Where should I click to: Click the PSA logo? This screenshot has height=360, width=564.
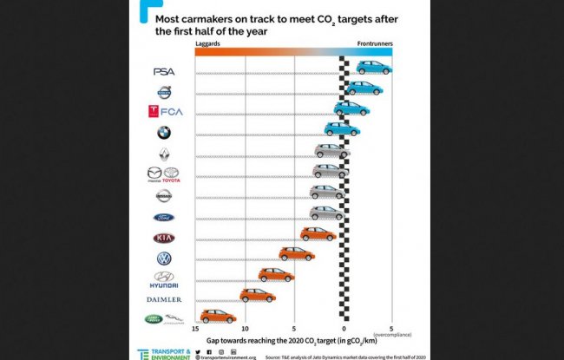(163, 72)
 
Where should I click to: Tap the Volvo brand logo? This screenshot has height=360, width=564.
(163, 92)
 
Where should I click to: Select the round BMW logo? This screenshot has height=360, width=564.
(163, 133)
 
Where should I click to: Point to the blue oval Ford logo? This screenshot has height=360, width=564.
(163, 218)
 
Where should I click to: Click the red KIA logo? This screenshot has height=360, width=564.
(163, 238)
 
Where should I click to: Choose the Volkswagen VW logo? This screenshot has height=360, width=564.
(163, 259)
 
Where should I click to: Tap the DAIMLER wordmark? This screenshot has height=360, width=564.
(163, 299)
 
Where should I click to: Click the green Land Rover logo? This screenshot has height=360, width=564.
(153, 319)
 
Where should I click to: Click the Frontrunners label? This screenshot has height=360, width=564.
(374, 42)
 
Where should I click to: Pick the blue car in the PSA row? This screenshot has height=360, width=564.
(374, 68)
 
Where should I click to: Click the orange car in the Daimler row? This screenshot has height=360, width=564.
(257, 295)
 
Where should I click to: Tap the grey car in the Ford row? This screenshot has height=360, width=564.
(327, 213)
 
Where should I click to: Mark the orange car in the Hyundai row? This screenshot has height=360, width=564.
(276, 275)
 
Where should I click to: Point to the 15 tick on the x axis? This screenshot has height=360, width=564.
(197, 330)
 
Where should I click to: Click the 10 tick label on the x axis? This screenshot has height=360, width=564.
(246, 330)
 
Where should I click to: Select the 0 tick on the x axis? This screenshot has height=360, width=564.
(344, 330)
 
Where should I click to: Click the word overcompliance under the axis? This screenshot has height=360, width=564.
(392, 336)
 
